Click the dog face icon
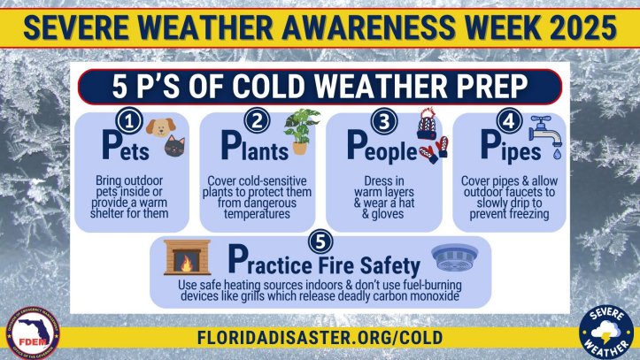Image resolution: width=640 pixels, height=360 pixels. [x=161, y=127]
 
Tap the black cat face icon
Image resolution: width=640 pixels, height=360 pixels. [x=174, y=146]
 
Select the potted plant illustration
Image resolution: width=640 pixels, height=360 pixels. [x=302, y=131]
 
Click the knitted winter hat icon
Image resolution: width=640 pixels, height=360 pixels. [x=427, y=124]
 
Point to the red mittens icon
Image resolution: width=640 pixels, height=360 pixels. [x=434, y=150]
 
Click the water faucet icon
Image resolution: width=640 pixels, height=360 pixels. [x=545, y=131]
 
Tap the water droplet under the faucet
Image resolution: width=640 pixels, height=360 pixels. [x=557, y=154]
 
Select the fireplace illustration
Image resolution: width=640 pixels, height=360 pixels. [x=187, y=257]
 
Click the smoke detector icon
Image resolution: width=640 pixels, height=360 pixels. [x=455, y=257]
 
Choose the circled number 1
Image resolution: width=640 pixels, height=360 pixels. [x=129, y=121]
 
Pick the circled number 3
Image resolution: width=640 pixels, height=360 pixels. [x=383, y=120]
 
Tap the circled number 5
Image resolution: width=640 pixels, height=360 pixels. [x=320, y=241]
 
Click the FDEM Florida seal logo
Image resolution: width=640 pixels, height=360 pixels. [x=33, y=333]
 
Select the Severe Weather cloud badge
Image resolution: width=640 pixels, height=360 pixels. [x=606, y=332]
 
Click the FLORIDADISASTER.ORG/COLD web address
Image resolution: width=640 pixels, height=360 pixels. [x=320, y=338]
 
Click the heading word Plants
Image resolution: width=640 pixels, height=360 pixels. [x=255, y=146]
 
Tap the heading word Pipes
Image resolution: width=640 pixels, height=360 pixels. [x=511, y=146]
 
